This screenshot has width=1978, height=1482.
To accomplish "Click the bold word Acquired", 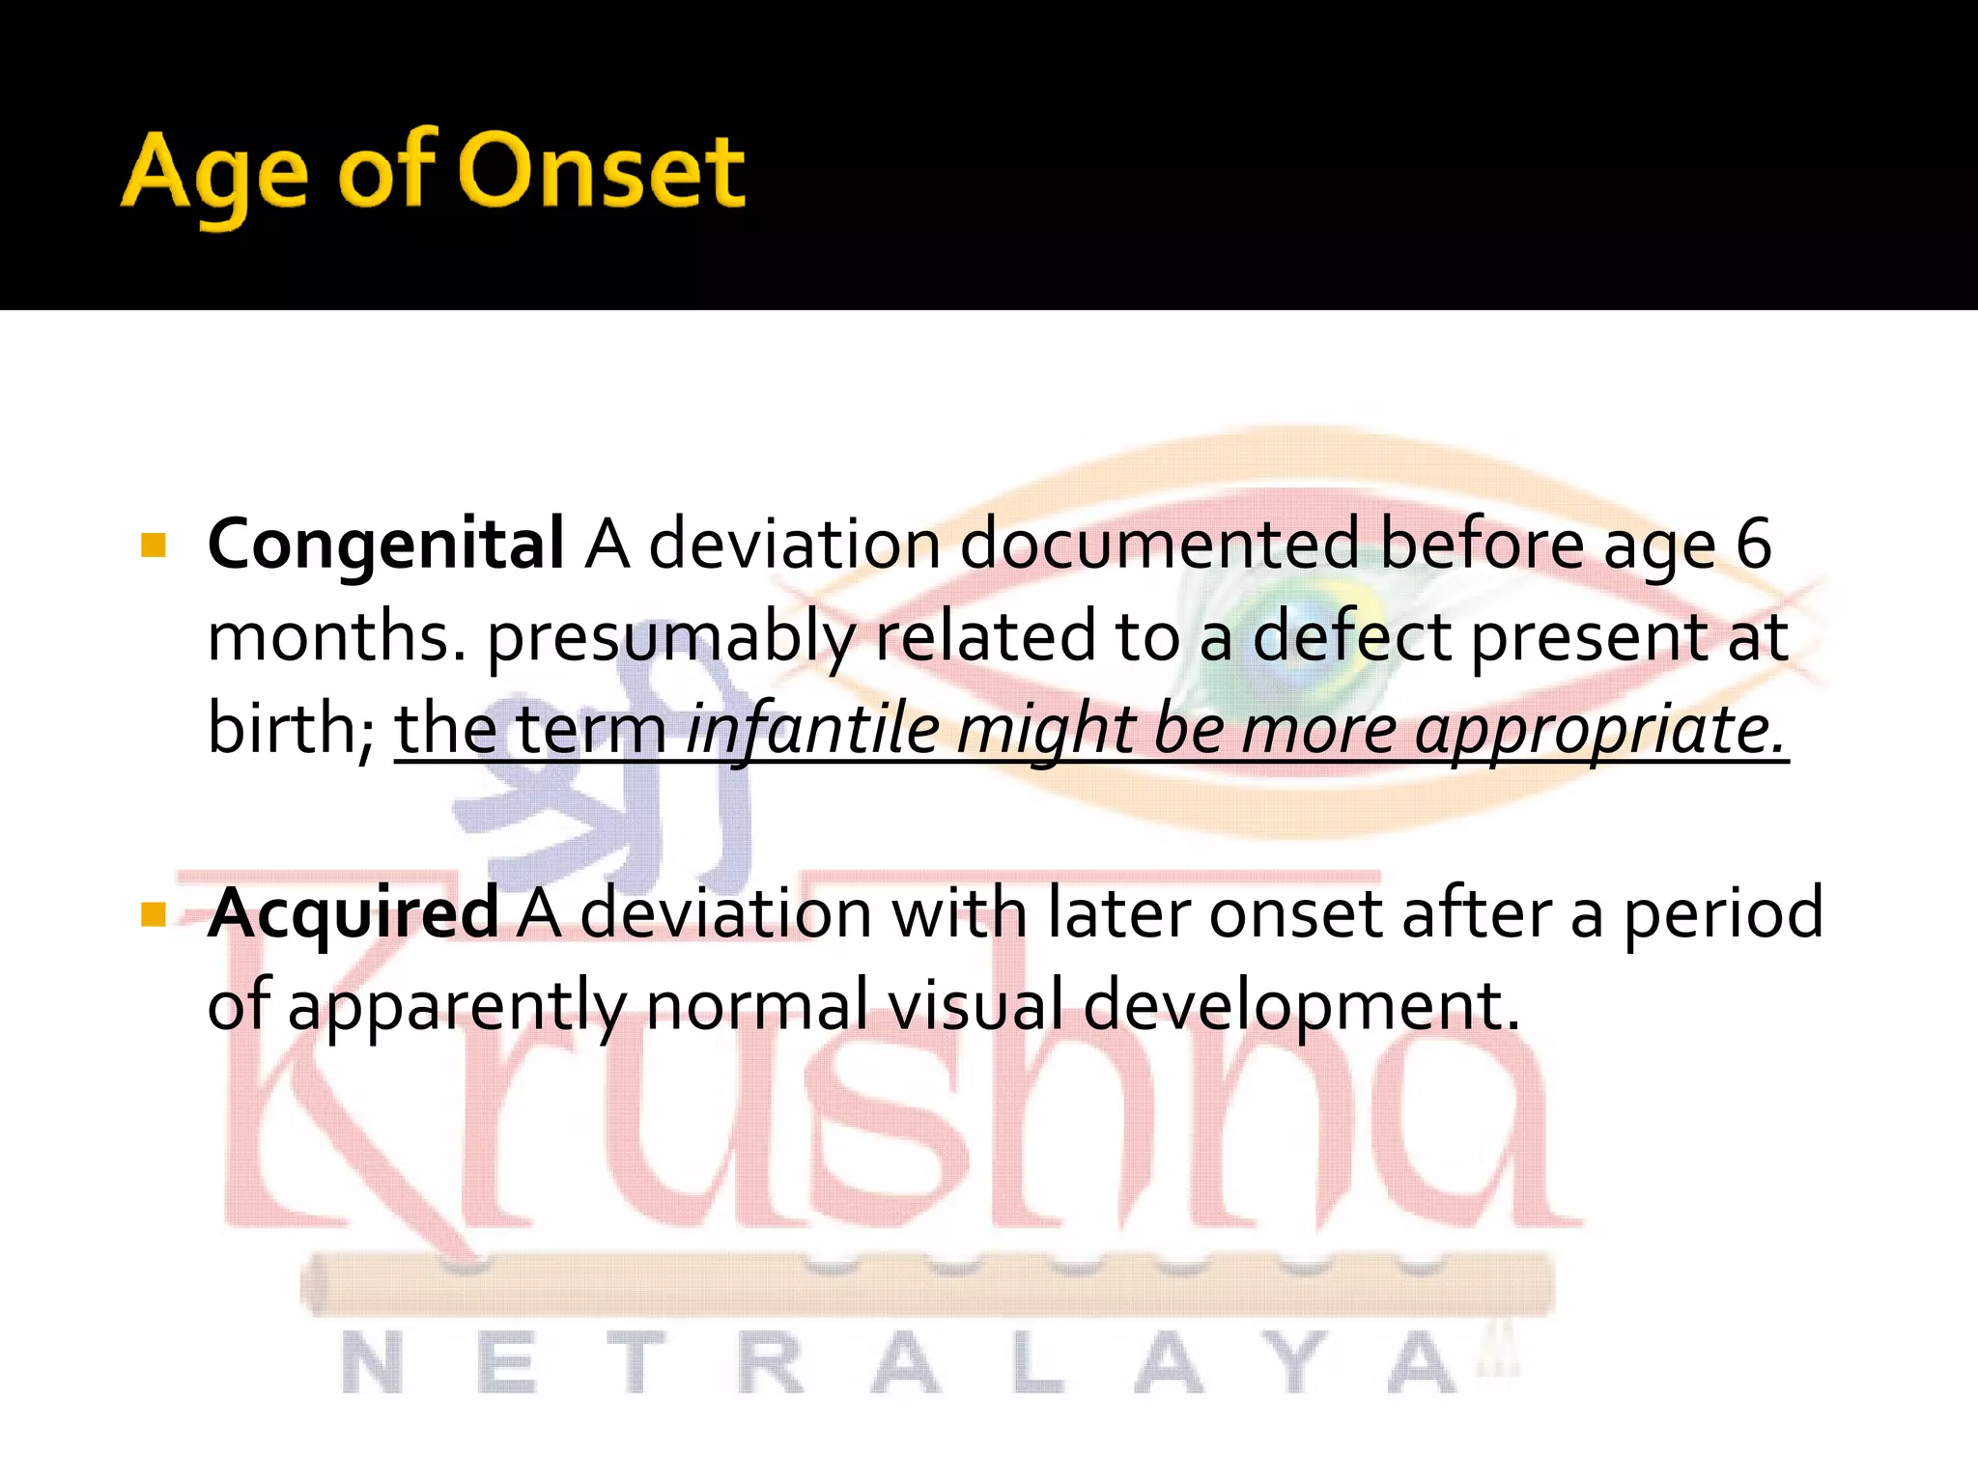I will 353,913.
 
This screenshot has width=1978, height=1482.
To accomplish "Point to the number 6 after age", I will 1753,544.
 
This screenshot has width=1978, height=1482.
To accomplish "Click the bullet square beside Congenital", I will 154,546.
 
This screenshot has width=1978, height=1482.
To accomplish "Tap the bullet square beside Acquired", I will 154,913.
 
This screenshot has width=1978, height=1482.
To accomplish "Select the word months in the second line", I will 337,637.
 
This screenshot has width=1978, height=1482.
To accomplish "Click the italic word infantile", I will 811,729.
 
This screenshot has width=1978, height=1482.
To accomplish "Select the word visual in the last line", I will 975,1004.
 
